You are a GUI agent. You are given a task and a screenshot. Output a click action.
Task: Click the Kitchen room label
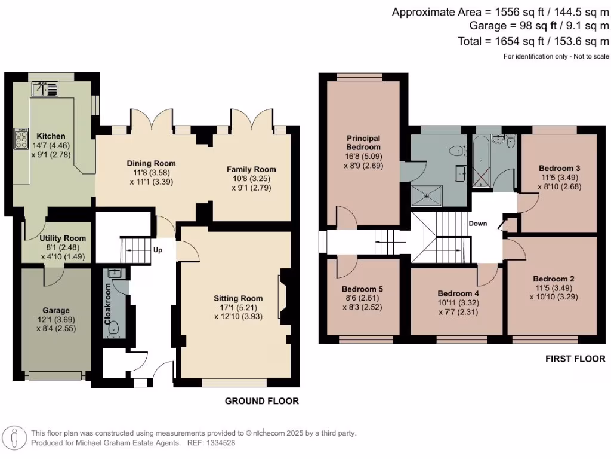coord(51,136)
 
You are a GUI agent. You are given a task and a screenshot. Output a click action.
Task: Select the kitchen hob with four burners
coord(21,139)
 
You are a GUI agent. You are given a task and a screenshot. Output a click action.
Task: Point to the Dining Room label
coord(151,163)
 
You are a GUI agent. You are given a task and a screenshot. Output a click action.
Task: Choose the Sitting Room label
coord(238,298)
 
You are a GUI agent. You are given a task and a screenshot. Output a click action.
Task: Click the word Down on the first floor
coord(478,224)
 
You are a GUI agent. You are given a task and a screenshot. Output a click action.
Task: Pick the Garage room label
coord(55,310)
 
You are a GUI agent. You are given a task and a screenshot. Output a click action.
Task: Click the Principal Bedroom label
coord(363,143)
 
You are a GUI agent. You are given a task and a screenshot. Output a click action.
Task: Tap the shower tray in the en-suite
coord(427,194)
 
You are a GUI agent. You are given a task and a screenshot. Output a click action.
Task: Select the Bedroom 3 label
coord(559,168)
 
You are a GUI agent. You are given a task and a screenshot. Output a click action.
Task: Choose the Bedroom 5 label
coord(363,289)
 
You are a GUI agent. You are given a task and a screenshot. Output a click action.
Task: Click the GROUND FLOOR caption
coord(261,401)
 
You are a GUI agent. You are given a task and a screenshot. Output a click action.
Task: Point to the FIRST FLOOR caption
coord(575,359)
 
